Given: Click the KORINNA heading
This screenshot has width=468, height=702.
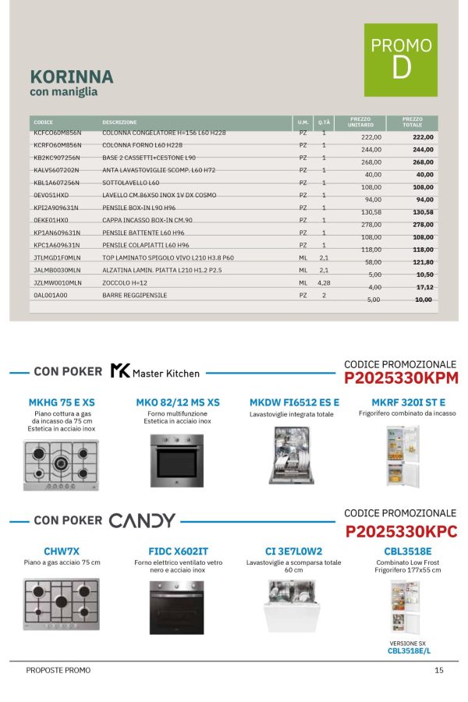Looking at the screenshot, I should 71,76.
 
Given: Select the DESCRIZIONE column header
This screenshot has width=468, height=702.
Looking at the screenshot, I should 119,122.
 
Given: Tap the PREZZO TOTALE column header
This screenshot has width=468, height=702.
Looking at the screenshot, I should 413,122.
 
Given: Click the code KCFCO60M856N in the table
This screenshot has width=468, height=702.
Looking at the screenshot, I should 57,133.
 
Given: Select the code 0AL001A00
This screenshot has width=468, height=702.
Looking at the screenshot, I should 51,296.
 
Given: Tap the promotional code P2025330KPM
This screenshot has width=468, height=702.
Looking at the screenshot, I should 400,379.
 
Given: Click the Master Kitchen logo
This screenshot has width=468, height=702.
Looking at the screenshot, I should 154,372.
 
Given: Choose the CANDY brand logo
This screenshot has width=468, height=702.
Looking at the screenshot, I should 142,520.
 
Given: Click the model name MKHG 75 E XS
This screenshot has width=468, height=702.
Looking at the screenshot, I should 62,402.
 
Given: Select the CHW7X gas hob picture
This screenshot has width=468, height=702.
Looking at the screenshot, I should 62,604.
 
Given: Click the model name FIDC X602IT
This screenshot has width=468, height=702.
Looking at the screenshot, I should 178,551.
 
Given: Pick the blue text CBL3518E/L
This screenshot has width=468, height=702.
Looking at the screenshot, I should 409,650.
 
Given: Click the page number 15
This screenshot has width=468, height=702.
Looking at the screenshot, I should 439,670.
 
